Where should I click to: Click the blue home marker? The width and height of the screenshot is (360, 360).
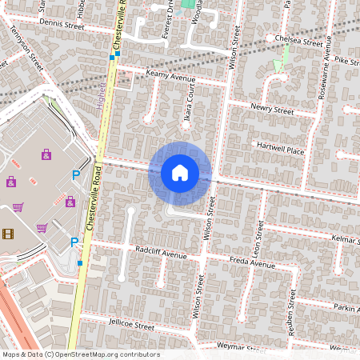pyautogui.click(x=180, y=173)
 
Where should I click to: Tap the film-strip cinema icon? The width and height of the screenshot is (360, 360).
pyautogui.click(x=8, y=234)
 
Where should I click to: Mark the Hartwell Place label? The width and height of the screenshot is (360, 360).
pyautogui.click(x=280, y=148)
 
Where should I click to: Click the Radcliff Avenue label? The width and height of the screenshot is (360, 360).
pyautogui.click(x=160, y=254)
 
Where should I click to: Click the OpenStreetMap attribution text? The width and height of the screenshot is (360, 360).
pyautogui.click(x=81, y=354)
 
